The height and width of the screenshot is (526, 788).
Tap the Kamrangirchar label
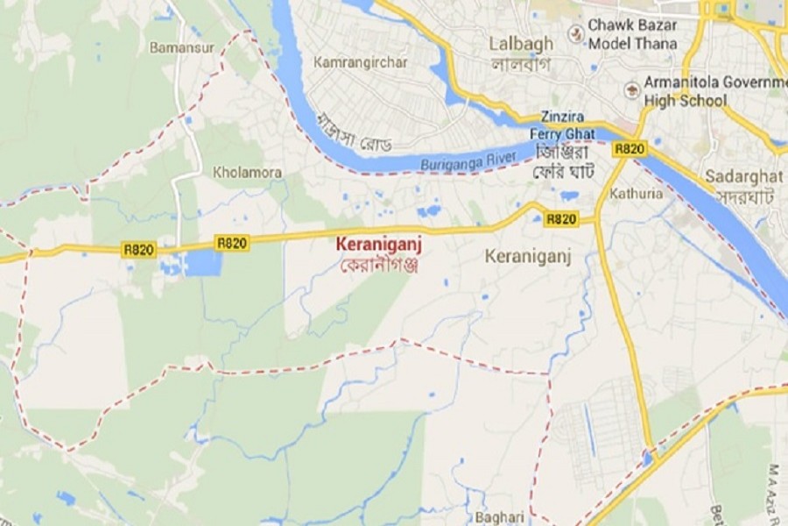click(360, 62)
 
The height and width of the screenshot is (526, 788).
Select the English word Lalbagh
click(521, 44)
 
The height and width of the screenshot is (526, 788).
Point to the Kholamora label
click(248, 173)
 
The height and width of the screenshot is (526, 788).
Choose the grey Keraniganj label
click(528, 257)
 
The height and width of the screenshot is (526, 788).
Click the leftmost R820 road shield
click(138, 250)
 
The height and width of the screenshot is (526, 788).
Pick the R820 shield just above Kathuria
click(630, 149)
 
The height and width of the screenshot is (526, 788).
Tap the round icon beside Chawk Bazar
click(575, 34)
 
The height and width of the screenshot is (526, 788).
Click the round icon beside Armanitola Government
click(631, 90)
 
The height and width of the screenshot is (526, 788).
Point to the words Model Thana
click(633, 44)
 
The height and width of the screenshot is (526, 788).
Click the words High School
click(686, 100)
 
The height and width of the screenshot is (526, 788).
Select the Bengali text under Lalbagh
click(520, 64)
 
